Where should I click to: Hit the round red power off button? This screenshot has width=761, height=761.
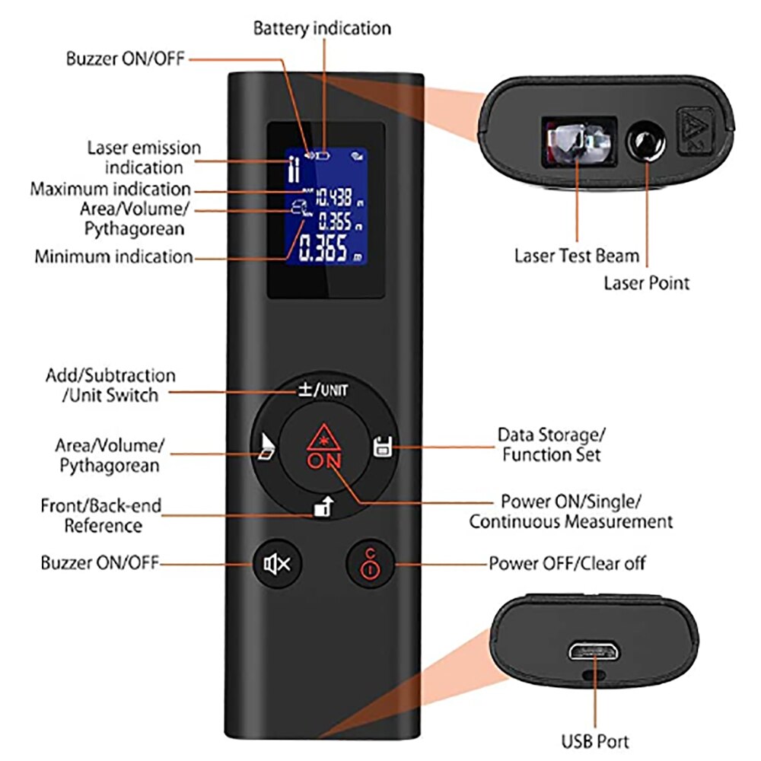coord(368,564)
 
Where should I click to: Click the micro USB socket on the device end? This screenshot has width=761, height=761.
coord(592,651)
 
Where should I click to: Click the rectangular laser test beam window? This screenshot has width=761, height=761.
coord(576,142)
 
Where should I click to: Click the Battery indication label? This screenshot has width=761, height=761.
coord(322,28)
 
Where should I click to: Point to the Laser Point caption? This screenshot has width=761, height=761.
coord(646,283)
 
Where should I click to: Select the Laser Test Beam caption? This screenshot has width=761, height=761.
coord(577,256)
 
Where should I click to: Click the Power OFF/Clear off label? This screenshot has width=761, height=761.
coord(567,564)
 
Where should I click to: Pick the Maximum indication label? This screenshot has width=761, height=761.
coord(110,189)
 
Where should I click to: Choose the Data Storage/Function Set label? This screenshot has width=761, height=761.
coord(552,445)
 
